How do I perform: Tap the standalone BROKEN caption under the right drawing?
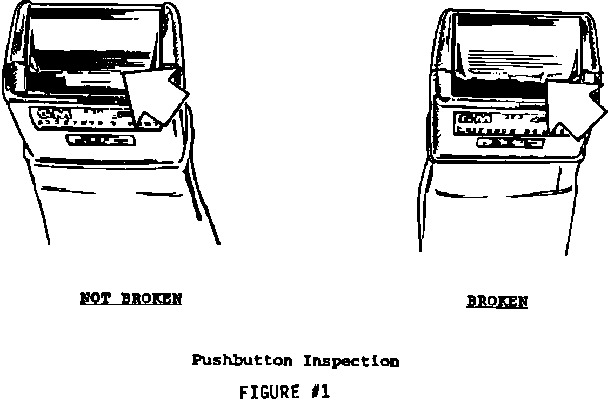(x=497, y=301)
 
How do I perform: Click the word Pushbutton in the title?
(x=242, y=361)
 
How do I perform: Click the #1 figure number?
(x=320, y=391)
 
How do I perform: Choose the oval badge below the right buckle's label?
(x=510, y=143)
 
